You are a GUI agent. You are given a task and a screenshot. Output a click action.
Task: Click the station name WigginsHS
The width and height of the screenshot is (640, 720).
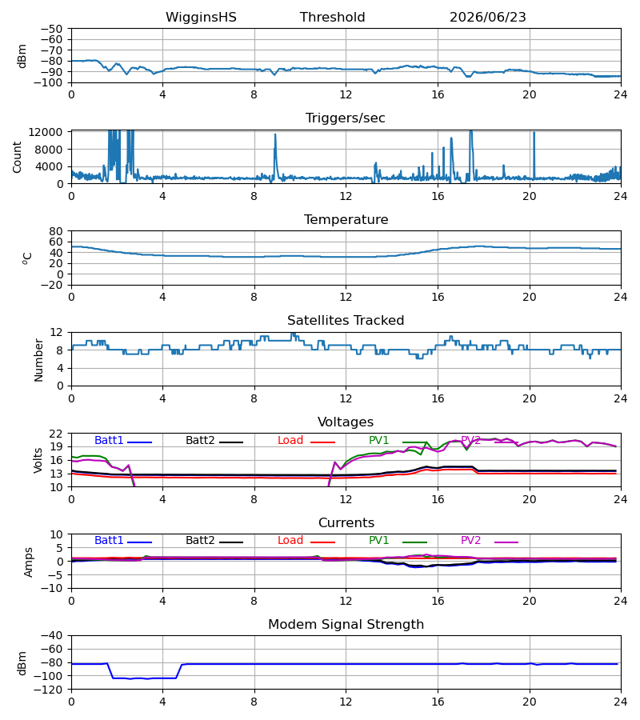click(201, 18)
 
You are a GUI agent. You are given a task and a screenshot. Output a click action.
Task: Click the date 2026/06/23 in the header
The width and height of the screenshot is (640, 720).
click(487, 18)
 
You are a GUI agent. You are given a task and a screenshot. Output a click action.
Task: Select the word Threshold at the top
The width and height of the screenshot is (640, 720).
click(332, 18)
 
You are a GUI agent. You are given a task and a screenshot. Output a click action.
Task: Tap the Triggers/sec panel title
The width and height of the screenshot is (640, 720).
click(346, 118)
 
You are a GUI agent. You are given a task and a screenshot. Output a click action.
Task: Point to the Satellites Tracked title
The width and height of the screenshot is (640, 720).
click(346, 321)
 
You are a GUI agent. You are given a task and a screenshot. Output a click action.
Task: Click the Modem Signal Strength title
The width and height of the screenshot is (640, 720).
click(346, 625)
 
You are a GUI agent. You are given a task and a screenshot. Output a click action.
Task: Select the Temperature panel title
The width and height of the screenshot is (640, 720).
click(346, 219)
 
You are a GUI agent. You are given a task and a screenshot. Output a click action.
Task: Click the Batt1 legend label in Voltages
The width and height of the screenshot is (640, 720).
click(109, 440)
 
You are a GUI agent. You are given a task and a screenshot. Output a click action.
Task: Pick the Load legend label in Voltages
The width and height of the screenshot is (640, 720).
click(290, 440)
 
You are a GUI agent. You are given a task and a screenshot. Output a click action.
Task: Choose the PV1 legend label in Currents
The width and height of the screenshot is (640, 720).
click(378, 541)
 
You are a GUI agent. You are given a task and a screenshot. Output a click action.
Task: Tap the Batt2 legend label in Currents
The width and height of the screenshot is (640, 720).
click(200, 541)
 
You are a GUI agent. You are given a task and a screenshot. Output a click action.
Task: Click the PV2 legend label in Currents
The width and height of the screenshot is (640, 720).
click(470, 541)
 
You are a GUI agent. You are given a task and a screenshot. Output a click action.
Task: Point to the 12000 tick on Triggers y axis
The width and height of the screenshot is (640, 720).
click(46, 132)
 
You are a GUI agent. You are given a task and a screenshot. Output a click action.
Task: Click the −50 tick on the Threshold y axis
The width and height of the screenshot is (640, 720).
click(51, 29)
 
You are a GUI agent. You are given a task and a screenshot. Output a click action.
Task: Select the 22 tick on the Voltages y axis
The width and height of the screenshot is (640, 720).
click(55, 434)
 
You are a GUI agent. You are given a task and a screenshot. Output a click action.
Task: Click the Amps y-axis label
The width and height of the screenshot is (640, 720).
click(29, 562)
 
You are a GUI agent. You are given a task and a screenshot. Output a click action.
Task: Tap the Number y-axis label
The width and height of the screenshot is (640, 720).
click(38, 361)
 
